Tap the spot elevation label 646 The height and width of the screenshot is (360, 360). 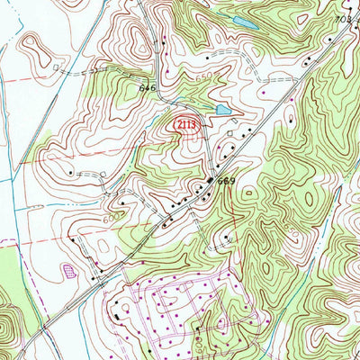point(148,88)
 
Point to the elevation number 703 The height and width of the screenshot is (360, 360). point(342,18)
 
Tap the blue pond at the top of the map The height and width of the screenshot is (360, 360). point(243,19)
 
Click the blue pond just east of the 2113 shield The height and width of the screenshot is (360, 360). point(221,110)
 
